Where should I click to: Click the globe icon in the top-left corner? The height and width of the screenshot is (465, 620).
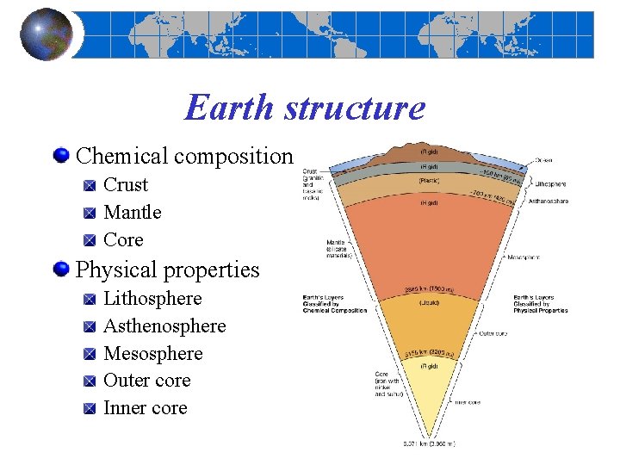[46, 34]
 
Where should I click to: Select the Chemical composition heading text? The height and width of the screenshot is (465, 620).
[184, 157]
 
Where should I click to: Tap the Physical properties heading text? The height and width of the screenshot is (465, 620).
[167, 270]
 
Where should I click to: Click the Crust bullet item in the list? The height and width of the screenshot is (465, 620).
[126, 185]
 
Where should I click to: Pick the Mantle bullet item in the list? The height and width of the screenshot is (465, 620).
[132, 213]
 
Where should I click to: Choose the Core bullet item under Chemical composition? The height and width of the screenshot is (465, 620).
[123, 240]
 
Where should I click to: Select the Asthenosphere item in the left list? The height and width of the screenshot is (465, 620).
[164, 326]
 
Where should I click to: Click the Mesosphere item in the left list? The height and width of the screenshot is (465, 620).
[152, 354]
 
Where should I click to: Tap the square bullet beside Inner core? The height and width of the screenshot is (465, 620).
[90, 409]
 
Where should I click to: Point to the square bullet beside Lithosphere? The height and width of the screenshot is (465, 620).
[90, 300]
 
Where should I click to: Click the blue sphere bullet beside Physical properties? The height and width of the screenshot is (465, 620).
[61, 270]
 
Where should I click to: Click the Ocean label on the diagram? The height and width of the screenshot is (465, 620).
[543, 159]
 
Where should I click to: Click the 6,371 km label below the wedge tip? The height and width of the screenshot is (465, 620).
[428, 443]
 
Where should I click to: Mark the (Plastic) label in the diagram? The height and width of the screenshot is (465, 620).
[430, 181]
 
